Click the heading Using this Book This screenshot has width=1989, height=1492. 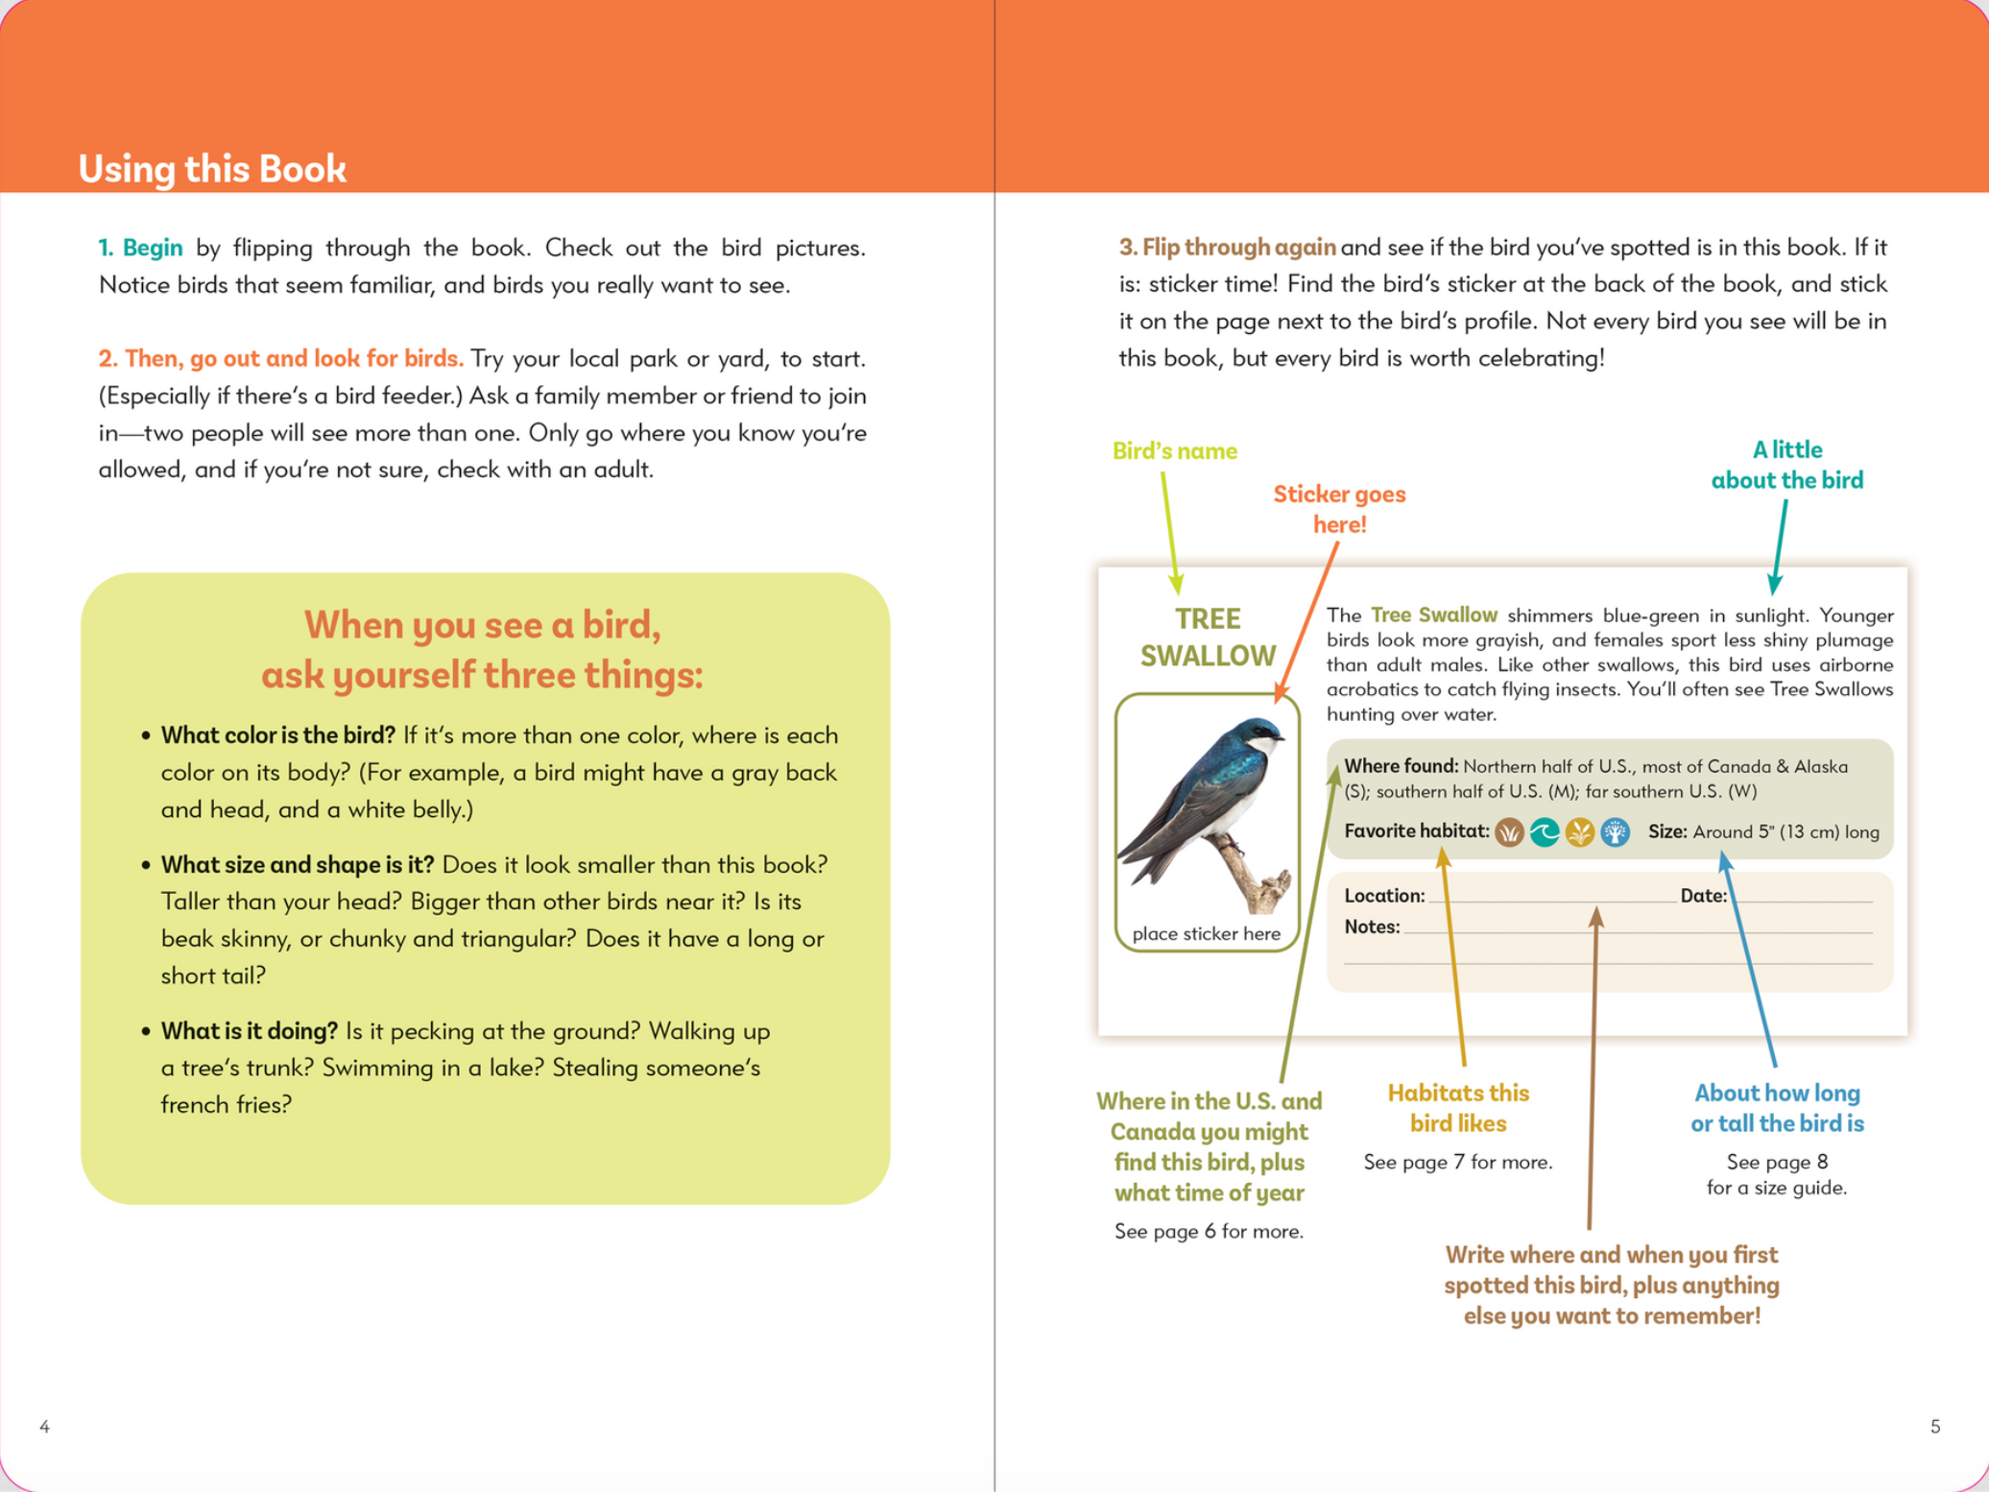point(212,168)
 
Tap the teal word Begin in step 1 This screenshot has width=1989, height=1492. point(152,248)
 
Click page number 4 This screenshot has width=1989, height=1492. point(44,1427)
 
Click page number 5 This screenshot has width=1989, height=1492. point(1935,1427)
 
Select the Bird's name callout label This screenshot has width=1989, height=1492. point(1174,451)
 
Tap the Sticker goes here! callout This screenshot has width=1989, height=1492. point(1338,509)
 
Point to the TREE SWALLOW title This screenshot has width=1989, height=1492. point(1208,637)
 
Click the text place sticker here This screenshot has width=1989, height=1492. point(1206,933)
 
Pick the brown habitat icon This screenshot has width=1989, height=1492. point(1509,832)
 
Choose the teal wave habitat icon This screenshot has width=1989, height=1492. point(1544,832)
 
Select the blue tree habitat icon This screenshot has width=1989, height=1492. point(1616,832)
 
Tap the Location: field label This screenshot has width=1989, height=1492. point(1384,896)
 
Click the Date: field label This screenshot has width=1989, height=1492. point(1703,896)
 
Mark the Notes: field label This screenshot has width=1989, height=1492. point(1372,926)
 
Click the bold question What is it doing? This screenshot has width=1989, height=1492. point(249,1031)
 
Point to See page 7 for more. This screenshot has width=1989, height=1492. point(1457,1162)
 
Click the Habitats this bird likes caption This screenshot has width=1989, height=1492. point(1457,1108)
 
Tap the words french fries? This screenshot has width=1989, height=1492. point(226,1105)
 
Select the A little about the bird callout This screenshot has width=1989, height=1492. point(1786,465)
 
